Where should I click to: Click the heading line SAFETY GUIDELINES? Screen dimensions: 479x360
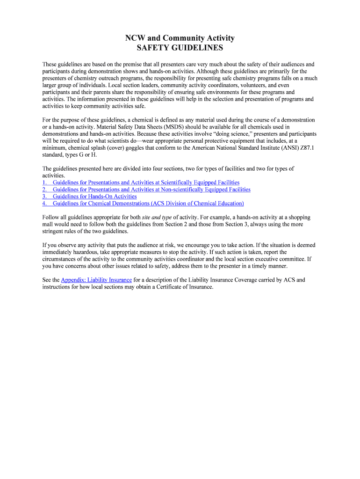pyautogui.click(x=180, y=48)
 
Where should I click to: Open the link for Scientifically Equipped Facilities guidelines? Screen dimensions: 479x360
pyautogui.click(x=146, y=182)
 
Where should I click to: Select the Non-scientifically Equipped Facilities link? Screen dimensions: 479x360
pyautogui.click(x=151, y=189)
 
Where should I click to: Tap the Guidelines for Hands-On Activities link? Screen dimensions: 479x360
pyautogui.click(x=94, y=196)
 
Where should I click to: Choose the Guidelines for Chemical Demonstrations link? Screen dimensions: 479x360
pyautogui.click(x=148, y=203)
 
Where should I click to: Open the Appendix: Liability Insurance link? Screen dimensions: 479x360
pyautogui.click(x=96, y=280)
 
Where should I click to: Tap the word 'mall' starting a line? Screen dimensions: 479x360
pyautogui.click(x=48, y=225)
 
